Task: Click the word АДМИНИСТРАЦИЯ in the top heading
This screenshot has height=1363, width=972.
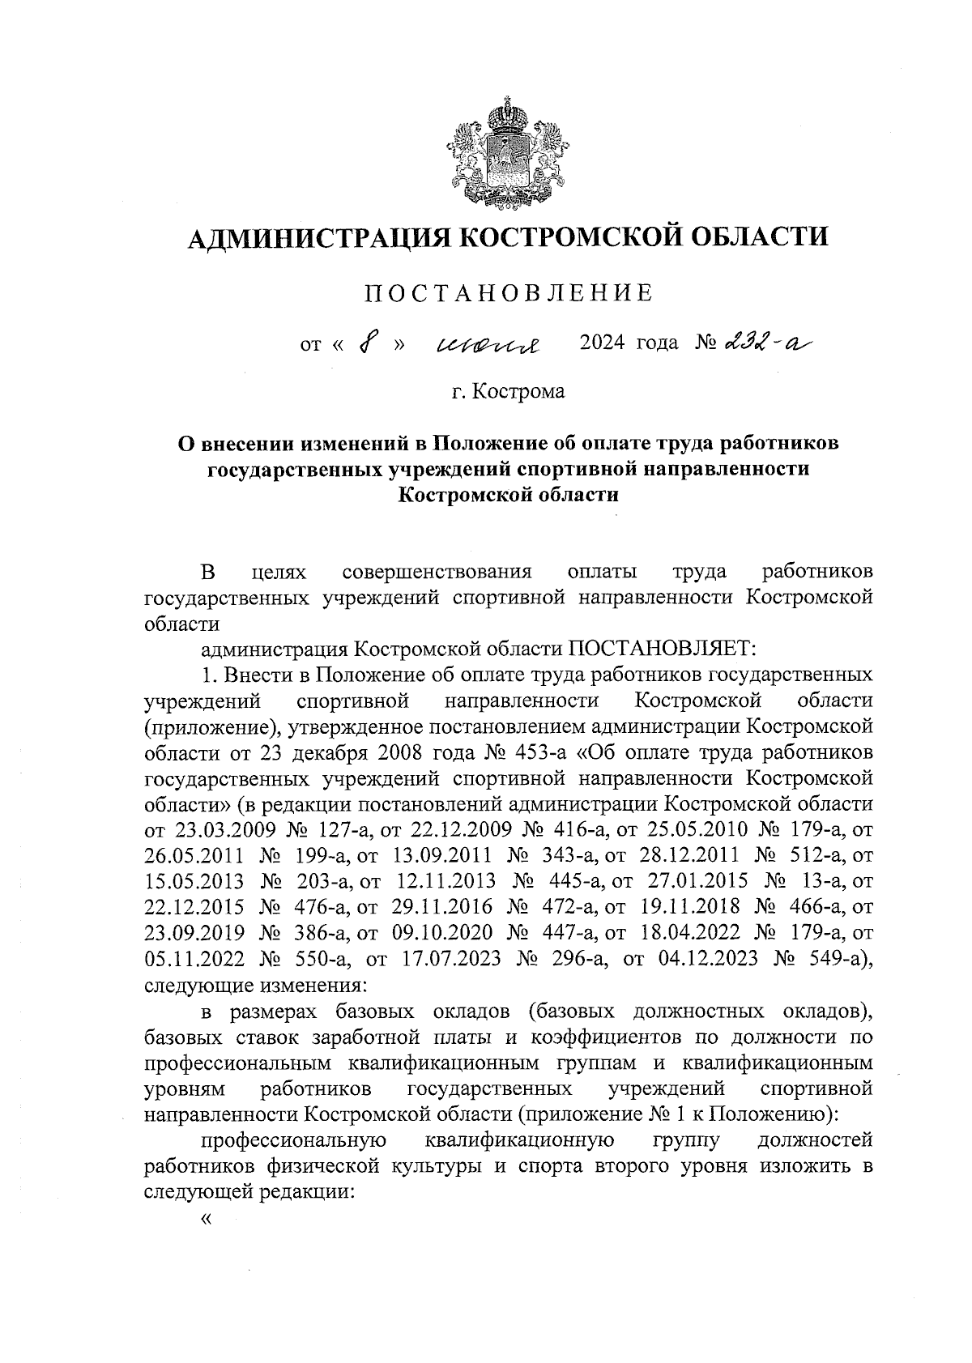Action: point(315,236)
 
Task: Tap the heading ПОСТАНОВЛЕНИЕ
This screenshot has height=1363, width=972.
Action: point(507,293)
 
